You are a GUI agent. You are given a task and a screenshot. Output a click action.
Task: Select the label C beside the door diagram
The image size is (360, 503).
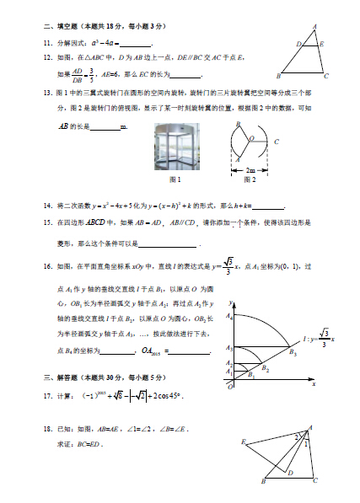pos(277,142)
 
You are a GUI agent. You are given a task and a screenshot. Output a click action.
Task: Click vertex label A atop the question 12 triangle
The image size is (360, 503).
pos(315,26)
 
